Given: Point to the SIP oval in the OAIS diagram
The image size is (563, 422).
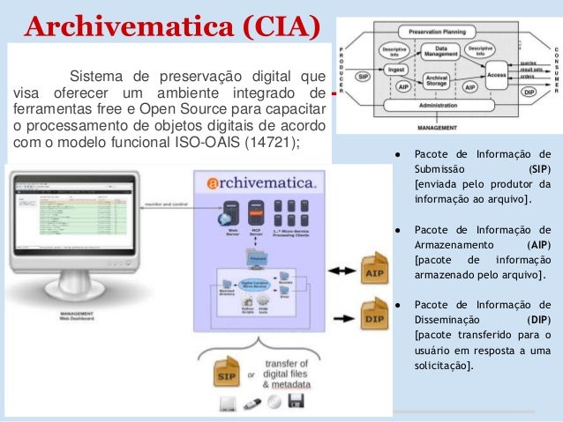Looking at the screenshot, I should pyautogui.click(x=362, y=76).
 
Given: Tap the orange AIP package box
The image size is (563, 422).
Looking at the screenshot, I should pyautogui.click(x=372, y=269).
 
